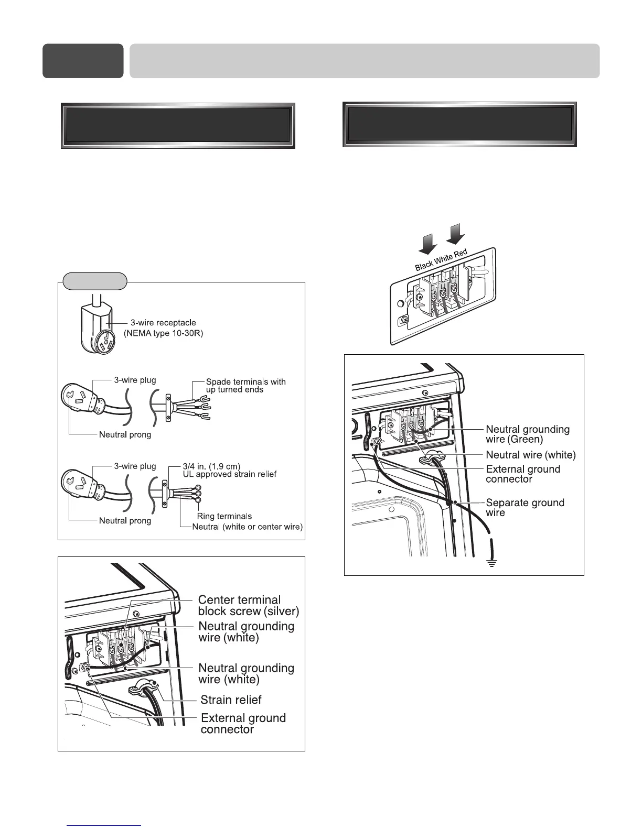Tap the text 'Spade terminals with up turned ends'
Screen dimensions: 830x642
[245, 386]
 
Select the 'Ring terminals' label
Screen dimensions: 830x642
[224, 516]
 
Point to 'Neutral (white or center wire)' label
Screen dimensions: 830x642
[248, 527]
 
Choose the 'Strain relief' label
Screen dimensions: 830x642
[231, 700]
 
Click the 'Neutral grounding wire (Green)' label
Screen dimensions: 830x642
[527, 434]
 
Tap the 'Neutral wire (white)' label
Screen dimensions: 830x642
[530, 455]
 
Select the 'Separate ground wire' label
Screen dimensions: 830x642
[525, 507]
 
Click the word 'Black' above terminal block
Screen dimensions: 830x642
[424, 266]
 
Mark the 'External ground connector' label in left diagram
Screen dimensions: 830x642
[243, 724]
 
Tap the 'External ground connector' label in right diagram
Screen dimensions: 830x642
[522, 474]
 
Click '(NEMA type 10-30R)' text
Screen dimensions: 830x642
[163, 333]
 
